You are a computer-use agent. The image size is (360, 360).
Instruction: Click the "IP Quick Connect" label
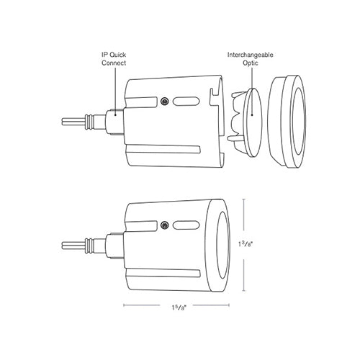coord(114,58)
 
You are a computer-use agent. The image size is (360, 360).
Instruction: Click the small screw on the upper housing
coord(165,100)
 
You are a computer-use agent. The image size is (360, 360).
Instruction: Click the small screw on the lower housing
coord(165,225)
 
